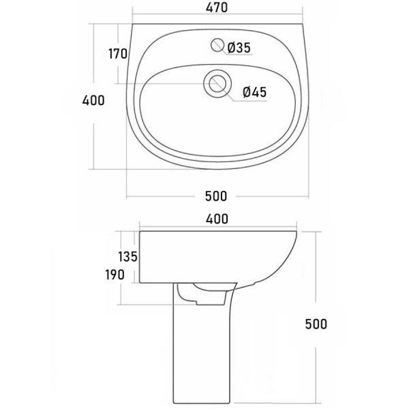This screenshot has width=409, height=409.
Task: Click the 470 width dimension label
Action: coord(217,7)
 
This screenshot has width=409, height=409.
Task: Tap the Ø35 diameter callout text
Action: coord(239,48)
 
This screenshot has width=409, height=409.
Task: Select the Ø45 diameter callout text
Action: coord(254,92)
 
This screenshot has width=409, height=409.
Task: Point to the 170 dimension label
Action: coord(118,54)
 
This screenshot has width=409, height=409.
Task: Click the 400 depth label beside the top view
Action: coord(93,100)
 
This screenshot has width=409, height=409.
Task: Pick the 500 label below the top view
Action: coord(216,196)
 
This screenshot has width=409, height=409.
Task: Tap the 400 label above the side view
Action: coord(217,219)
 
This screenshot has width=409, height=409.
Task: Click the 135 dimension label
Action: coord(127,257)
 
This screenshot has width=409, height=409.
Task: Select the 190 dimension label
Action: coord(115,275)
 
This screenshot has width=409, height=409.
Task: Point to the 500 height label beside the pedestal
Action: coord(316,324)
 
